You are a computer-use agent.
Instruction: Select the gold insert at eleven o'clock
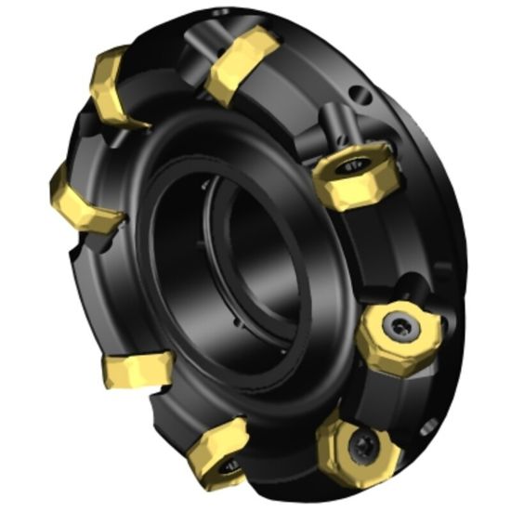(x=113, y=88)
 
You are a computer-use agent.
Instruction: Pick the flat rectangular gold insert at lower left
(x=137, y=368)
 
